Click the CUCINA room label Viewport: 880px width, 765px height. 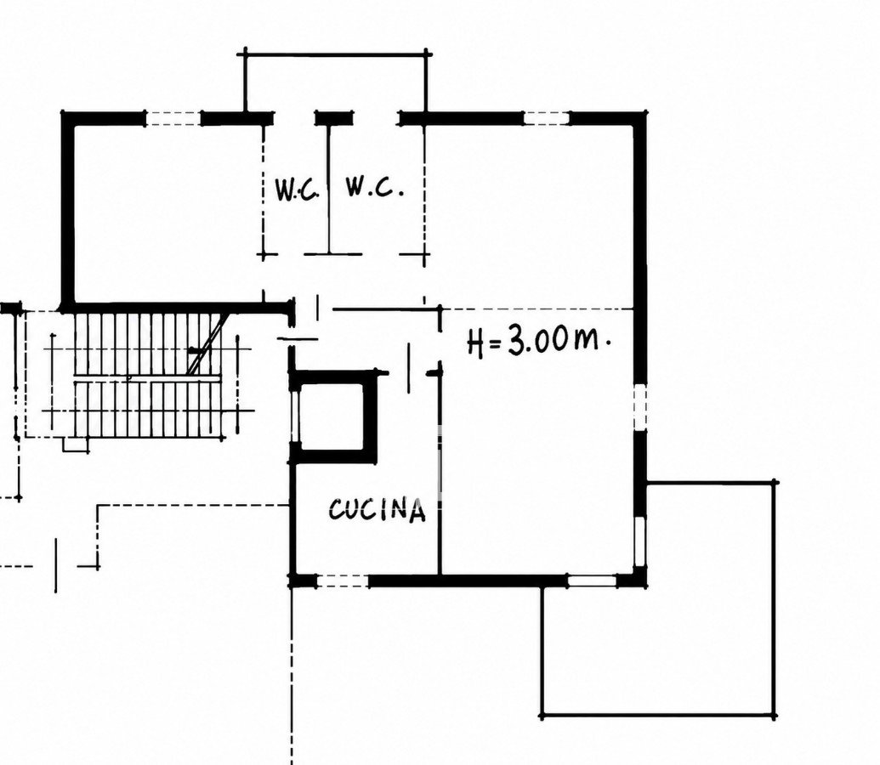(377, 510)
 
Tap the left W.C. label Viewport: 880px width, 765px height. (297, 190)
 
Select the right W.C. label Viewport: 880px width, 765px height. (374, 187)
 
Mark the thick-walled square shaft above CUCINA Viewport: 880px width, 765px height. (332, 417)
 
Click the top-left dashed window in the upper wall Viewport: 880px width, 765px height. (173, 118)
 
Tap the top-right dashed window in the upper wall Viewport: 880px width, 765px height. (546, 118)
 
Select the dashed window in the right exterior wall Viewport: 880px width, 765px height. (640, 407)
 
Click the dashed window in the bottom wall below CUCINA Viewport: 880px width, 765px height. (343, 581)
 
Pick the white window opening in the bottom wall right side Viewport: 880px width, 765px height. (592, 581)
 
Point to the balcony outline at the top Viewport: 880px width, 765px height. (336, 54)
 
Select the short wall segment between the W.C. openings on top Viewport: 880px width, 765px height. (334, 118)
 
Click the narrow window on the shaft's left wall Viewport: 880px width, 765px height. (295, 417)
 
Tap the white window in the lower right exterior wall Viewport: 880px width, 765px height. (639, 541)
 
